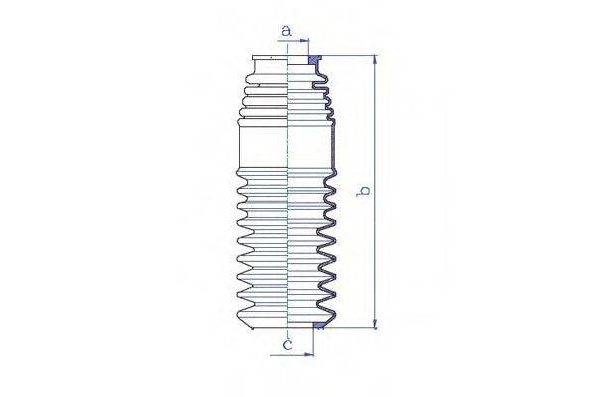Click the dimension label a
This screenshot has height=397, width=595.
click(x=287, y=31)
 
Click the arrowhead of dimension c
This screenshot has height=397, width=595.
click(x=310, y=352)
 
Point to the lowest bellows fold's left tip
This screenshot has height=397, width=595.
click(x=238, y=316)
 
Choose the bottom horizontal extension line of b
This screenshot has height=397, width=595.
click(x=352, y=328)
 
